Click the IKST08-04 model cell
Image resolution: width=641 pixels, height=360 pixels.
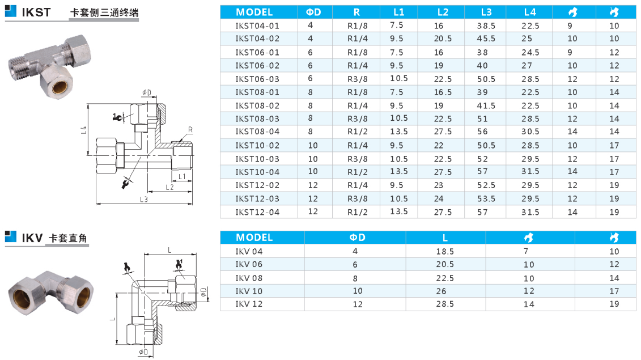click(257, 132)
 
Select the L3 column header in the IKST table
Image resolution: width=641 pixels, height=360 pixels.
click(486, 12)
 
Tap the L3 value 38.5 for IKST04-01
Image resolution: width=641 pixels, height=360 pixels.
click(486, 26)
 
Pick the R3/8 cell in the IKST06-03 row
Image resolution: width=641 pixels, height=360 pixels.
click(357, 79)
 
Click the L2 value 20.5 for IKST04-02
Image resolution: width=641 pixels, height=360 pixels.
click(443, 39)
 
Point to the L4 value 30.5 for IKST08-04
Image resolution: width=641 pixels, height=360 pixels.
click(530, 132)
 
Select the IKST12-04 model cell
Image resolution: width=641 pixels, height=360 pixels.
click(257, 213)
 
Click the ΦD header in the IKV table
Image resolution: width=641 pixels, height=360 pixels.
click(357, 238)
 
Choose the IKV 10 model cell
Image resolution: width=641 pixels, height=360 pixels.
click(249, 291)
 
